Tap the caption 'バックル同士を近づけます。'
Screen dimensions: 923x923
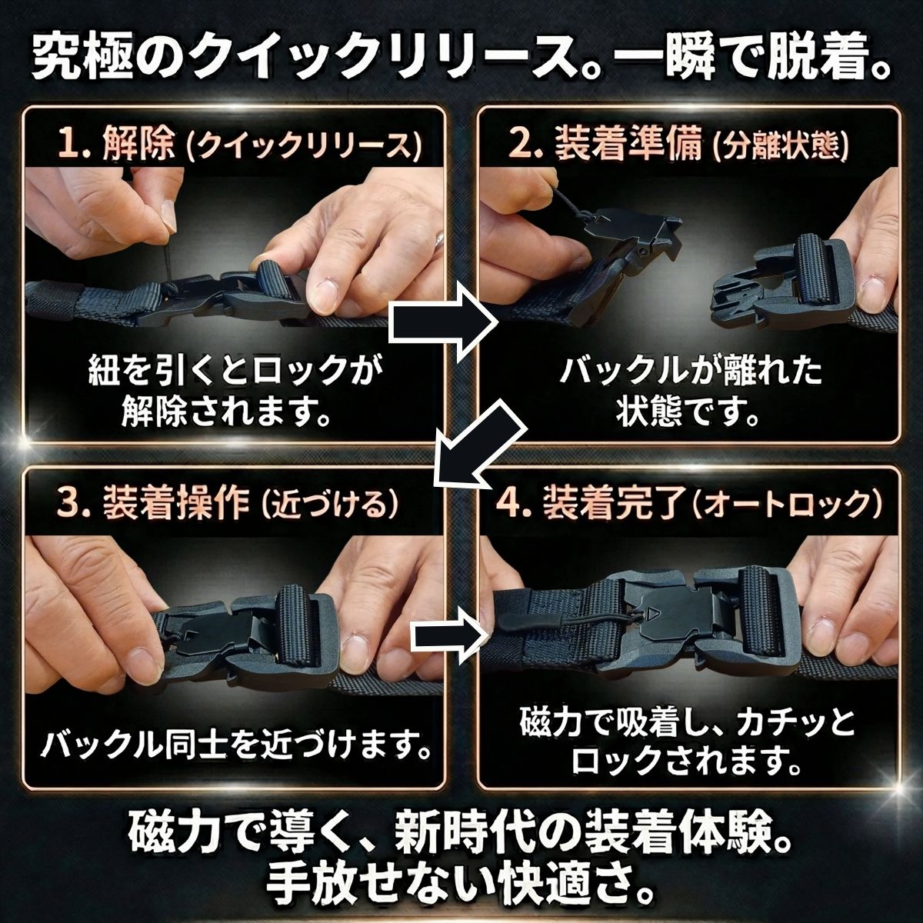[235, 744]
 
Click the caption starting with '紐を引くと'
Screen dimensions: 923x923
[235, 393]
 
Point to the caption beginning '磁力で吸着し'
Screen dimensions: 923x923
[687, 742]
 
